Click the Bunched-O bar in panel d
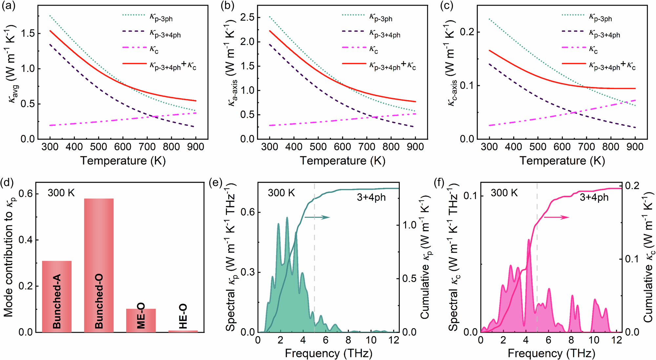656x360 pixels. (x=99, y=266)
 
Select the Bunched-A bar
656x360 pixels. (x=57, y=297)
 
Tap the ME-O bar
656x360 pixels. (x=141, y=320)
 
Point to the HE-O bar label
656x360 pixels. (x=183, y=316)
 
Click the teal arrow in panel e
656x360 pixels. (x=317, y=217)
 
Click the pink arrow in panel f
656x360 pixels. (x=556, y=217)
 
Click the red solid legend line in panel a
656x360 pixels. (x=134, y=63)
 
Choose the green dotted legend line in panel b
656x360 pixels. (x=354, y=15)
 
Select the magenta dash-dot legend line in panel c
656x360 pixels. (x=573, y=48)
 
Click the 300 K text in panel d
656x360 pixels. (x=61, y=193)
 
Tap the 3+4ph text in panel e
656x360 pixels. (x=371, y=197)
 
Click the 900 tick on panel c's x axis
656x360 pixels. (x=635, y=147)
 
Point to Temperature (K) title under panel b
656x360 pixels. (x=342, y=161)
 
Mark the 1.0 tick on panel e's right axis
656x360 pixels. (x=409, y=225)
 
